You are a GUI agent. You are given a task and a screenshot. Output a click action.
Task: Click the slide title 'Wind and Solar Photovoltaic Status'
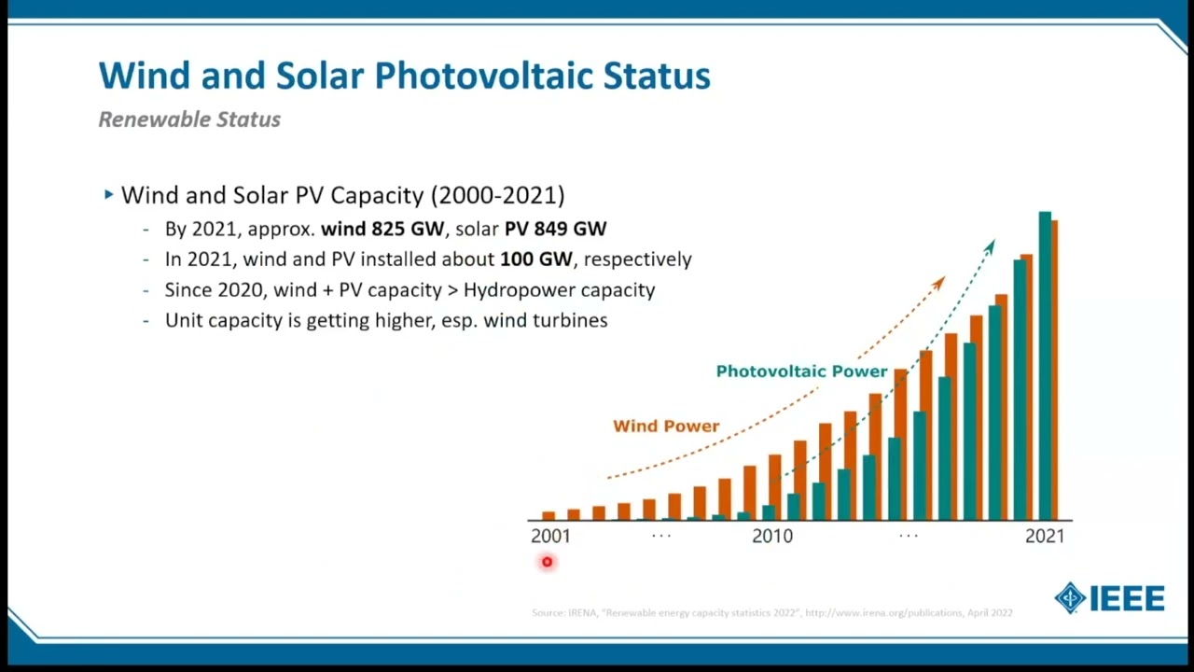[x=404, y=76]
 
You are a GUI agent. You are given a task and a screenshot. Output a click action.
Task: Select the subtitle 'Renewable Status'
[x=189, y=119]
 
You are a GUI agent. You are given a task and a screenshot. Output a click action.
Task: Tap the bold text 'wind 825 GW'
[x=382, y=229]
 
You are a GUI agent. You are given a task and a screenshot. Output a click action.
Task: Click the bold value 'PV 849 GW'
[x=555, y=229]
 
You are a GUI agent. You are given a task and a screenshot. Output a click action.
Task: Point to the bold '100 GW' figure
[x=535, y=259]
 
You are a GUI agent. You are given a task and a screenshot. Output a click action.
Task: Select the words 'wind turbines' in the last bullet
[x=545, y=320]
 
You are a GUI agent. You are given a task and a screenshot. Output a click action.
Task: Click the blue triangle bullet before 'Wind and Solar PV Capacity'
[x=109, y=195]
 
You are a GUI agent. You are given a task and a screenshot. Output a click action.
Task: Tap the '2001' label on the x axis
[x=549, y=536]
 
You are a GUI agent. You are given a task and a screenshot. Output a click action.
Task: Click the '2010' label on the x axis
[x=771, y=536]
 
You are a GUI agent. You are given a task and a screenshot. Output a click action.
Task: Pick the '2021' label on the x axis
[x=1044, y=536]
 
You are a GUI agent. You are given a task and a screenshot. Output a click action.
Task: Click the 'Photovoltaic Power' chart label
[x=801, y=371]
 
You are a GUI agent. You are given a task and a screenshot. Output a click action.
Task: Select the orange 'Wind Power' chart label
[x=666, y=426]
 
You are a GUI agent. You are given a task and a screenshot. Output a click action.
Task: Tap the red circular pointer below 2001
[x=547, y=562]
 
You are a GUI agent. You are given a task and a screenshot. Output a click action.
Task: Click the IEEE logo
[x=1110, y=598]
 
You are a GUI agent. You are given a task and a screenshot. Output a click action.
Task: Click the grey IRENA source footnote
[x=771, y=613]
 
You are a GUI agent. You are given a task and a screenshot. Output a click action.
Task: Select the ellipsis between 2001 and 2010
[x=660, y=536]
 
